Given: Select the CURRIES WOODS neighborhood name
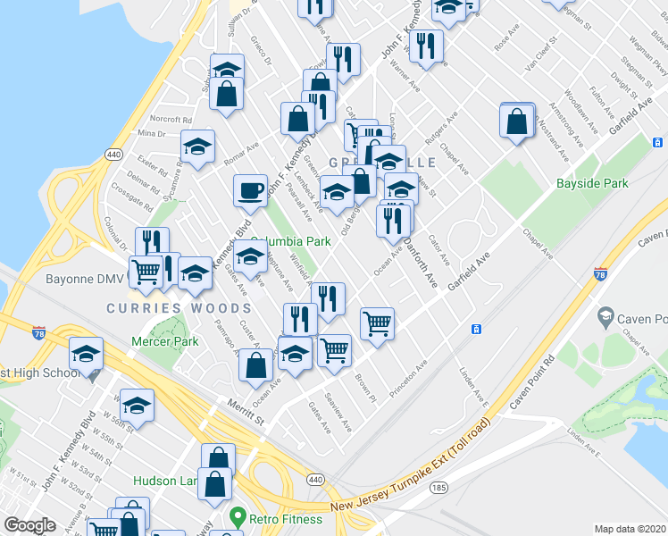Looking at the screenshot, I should point(167,308).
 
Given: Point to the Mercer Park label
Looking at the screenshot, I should point(156,340).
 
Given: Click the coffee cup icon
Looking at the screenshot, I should point(250,189).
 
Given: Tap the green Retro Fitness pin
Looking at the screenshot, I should point(237,516).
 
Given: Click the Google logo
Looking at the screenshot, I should point(29,524).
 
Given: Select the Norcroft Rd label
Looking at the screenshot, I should point(171,119).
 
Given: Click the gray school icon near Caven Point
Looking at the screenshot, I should point(606,317).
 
